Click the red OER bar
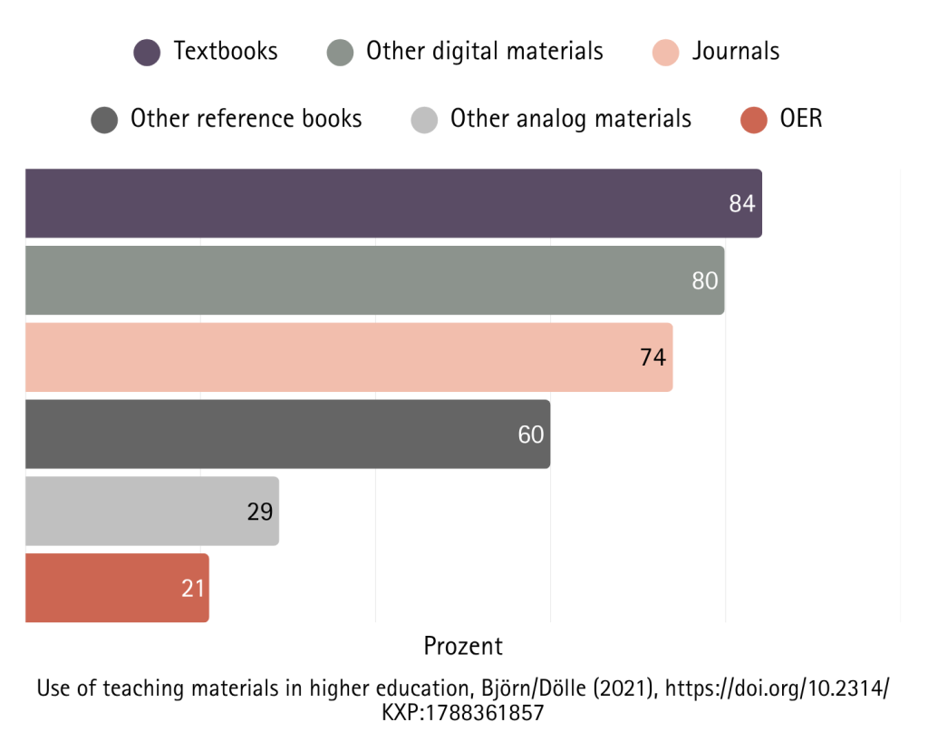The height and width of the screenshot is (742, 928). pos(117,589)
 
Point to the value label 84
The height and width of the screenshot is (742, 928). pos(741,204)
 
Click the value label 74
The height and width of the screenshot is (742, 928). pos(652,357)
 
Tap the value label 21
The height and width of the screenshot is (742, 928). pos(193,589)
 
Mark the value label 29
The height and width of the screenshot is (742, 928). pos(260,512)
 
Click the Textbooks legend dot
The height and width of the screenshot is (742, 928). pos(147,52)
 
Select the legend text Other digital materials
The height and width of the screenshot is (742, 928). pos(484,51)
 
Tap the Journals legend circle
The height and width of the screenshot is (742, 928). pos(665,52)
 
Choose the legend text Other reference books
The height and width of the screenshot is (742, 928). pos(246,119)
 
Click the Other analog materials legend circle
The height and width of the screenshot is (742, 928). pos(424,119)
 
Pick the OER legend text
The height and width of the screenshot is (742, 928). pos(801,119)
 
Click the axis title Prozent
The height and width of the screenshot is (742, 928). pos(463,646)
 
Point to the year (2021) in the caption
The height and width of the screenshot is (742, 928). pos(624,688)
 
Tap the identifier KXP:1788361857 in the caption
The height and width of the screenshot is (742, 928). pos(463,713)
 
